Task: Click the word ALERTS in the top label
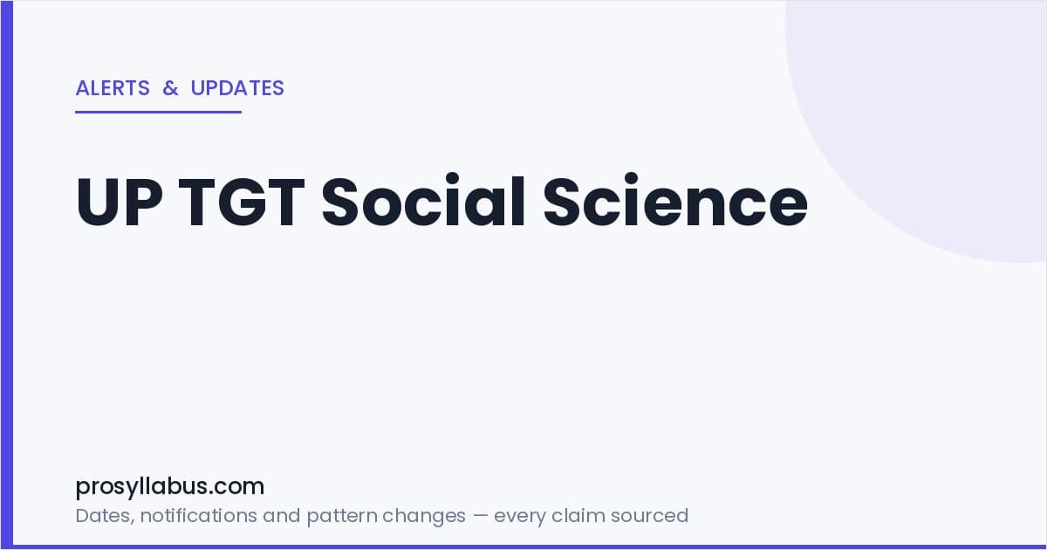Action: tap(113, 88)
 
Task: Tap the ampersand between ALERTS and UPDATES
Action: tap(170, 88)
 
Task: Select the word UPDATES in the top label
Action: tap(237, 88)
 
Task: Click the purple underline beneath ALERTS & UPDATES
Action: tap(159, 113)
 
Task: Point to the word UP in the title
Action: tap(120, 202)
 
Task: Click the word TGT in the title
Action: tap(242, 202)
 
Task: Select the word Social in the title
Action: tap(423, 200)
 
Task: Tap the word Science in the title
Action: tap(675, 200)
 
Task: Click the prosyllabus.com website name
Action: tap(169, 487)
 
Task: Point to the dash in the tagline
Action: tap(480, 516)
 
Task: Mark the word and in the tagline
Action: tap(281, 515)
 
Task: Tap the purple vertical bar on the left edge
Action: tap(7, 275)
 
